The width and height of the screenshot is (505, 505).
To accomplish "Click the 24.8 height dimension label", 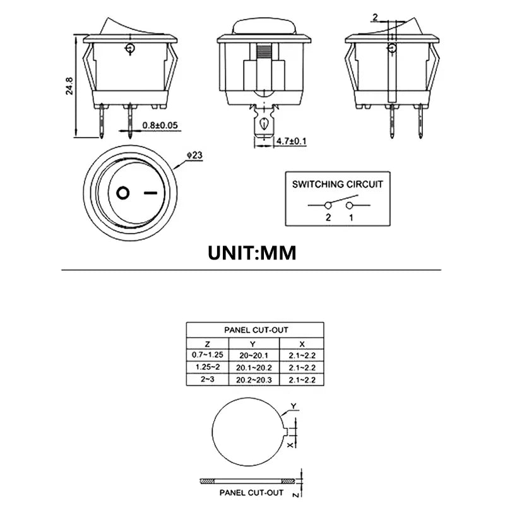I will (x=70, y=86).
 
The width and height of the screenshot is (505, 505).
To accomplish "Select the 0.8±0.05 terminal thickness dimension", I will (x=161, y=126).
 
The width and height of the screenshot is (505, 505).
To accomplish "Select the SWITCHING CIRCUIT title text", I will (x=337, y=184).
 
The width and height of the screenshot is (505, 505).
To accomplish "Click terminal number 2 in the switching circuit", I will (x=328, y=217).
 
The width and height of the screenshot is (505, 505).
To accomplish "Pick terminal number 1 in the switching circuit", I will (x=350, y=217).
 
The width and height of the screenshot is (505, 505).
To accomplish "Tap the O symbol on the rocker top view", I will (x=123, y=192).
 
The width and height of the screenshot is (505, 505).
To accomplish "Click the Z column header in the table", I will (x=208, y=343).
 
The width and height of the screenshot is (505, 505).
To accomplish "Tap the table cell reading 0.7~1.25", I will (x=208, y=355).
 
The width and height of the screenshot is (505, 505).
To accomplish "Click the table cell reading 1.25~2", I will (x=208, y=367).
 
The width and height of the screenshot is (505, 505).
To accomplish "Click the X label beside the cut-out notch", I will (x=290, y=444).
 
